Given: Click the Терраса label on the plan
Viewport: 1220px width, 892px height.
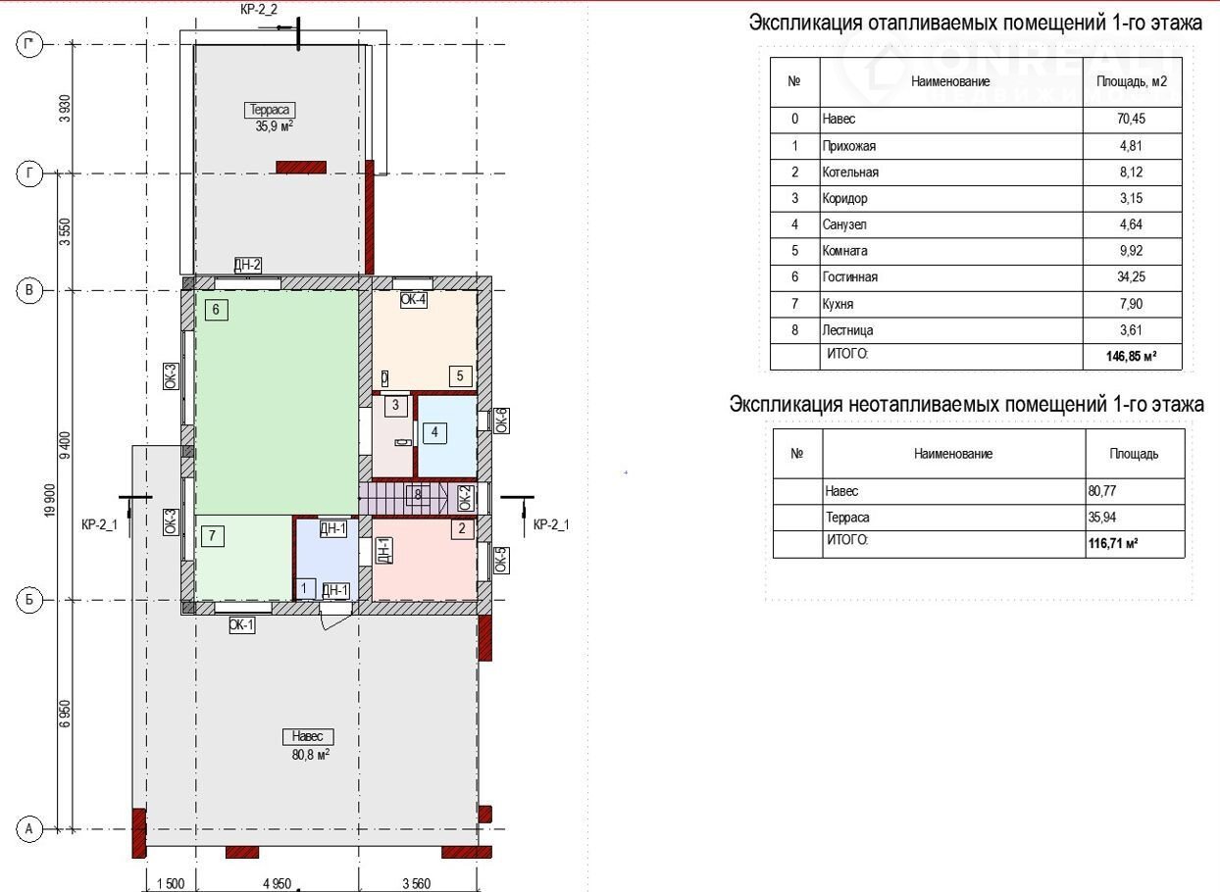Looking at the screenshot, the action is (x=269, y=110).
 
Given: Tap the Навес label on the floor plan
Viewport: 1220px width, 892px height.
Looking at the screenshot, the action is (x=308, y=736).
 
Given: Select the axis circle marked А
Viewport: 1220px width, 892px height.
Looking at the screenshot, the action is (x=29, y=829).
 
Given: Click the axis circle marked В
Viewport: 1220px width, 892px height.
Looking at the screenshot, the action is (x=29, y=290).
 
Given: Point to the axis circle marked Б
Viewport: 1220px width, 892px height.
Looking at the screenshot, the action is (x=29, y=600).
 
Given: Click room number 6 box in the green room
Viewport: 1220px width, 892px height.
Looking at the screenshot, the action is (x=216, y=310).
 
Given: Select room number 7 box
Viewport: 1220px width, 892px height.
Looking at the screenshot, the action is (x=213, y=536).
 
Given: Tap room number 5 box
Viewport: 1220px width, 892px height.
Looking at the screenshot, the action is (x=460, y=375).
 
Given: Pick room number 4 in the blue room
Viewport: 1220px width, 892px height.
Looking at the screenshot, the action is (x=434, y=432).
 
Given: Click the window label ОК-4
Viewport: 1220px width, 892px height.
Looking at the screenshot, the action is (x=414, y=299).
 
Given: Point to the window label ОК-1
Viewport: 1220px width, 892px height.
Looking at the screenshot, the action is (x=242, y=624).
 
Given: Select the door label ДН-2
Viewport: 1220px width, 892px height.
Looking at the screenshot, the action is (x=247, y=265).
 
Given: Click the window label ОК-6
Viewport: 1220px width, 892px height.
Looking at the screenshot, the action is (x=502, y=421).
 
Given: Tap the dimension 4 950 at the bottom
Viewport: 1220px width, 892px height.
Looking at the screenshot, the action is (x=278, y=883).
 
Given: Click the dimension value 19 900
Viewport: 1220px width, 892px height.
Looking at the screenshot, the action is (x=51, y=501).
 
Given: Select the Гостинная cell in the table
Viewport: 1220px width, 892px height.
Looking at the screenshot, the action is (x=849, y=277).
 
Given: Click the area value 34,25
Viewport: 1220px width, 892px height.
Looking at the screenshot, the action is (x=1131, y=276).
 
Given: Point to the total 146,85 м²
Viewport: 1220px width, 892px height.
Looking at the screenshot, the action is (x=1131, y=357).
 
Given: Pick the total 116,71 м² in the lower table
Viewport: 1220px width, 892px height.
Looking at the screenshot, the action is (x=1113, y=543).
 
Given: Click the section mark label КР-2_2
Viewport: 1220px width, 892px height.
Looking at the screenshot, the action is (x=259, y=9).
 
